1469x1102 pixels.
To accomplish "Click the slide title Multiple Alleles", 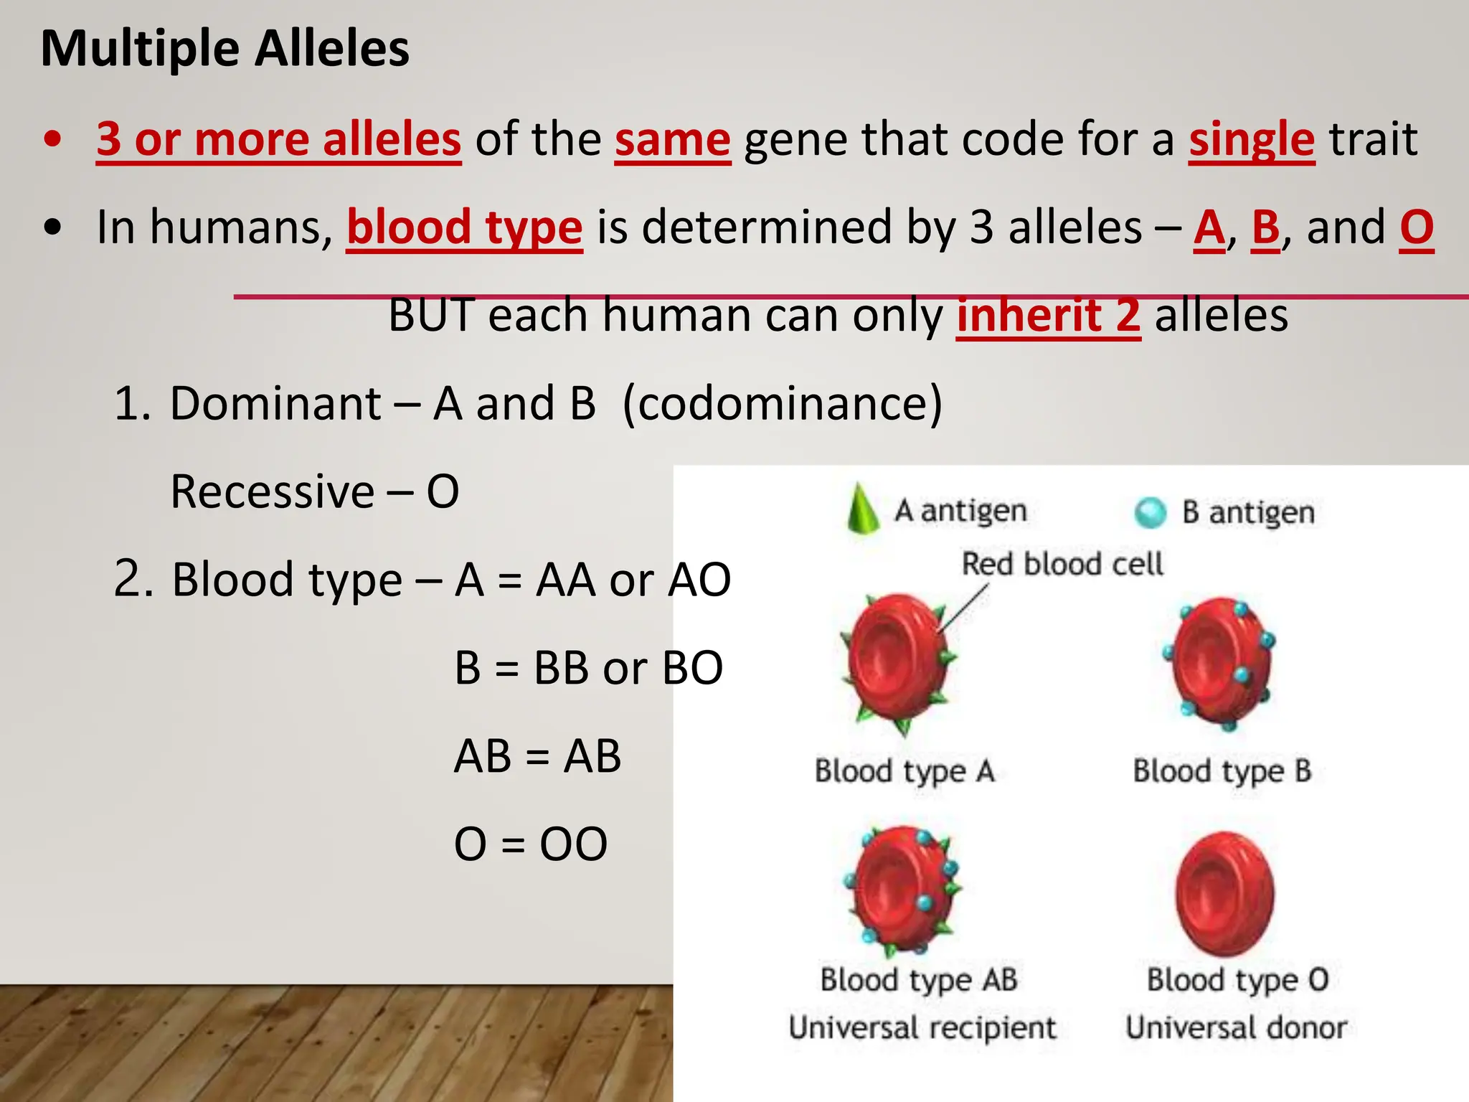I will [225, 49].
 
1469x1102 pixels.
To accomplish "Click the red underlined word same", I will [672, 139].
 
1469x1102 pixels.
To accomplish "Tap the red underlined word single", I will [1251, 139].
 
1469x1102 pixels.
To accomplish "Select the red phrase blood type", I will [464, 228].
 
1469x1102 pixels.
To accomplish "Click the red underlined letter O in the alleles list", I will [1416, 228].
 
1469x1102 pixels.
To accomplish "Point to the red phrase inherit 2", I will [1048, 316].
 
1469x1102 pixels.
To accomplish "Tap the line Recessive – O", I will [314, 492].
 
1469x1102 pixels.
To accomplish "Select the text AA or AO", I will [633, 580].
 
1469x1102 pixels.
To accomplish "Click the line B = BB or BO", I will [588, 668].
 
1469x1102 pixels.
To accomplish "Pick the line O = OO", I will [531, 844].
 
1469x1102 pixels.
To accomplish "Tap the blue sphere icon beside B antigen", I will [1151, 512].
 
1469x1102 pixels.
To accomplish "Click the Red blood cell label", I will [1062, 564].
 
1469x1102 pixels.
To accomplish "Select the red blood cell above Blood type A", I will [899, 664].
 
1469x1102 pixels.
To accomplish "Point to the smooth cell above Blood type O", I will [1224, 893].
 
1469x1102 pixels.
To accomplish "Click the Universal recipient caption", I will [922, 1028].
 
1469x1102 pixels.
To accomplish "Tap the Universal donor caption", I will [1236, 1028].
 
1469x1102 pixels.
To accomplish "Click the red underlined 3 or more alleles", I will [278, 139].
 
